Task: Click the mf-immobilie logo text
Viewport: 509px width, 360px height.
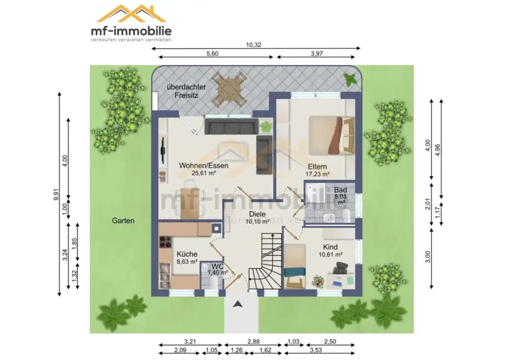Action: click(x=131, y=31)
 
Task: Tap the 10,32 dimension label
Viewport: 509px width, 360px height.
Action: click(x=254, y=45)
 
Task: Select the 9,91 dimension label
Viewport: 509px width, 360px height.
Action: click(x=57, y=194)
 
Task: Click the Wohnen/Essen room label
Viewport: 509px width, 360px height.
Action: click(x=203, y=166)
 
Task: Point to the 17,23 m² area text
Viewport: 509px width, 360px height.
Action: click(x=318, y=175)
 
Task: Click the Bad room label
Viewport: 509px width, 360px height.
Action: click(x=340, y=190)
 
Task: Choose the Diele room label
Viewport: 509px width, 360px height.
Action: click(x=257, y=214)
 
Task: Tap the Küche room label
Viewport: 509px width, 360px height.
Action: click(x=187, y=254)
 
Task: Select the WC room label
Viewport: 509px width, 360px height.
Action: click(x=217, y=267)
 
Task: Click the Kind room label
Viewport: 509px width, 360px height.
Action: click(x=330, y=247)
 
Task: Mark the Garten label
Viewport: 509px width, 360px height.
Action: click(x=123, y=221)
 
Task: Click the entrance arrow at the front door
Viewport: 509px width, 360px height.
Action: click(x=238, y=304)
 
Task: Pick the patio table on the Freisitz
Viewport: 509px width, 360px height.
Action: click(x=229, y=88)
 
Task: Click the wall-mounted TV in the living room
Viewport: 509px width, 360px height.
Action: click(x=163, y=150)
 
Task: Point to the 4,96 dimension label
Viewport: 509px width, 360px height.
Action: click(x=438, y=150)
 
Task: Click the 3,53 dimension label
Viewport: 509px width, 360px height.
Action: click(x=316, y=350)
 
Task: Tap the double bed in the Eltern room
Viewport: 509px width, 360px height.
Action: click(x=331, y=136)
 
